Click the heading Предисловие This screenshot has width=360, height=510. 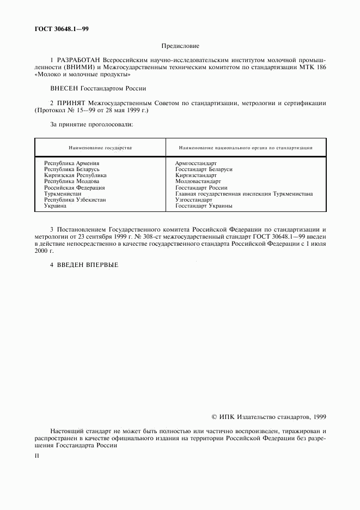pos(180,47)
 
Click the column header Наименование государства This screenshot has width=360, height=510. pos(100,148)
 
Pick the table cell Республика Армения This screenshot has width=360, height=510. pos(71,163)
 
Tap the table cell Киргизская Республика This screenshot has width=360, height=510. pos(75,175)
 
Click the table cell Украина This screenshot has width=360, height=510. pos(55,206)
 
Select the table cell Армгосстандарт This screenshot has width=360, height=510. pos(196,163)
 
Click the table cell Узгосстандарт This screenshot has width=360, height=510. pos(193,200)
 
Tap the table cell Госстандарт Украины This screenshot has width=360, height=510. pos(204,206)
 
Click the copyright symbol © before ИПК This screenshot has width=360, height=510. pos(214,417)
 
